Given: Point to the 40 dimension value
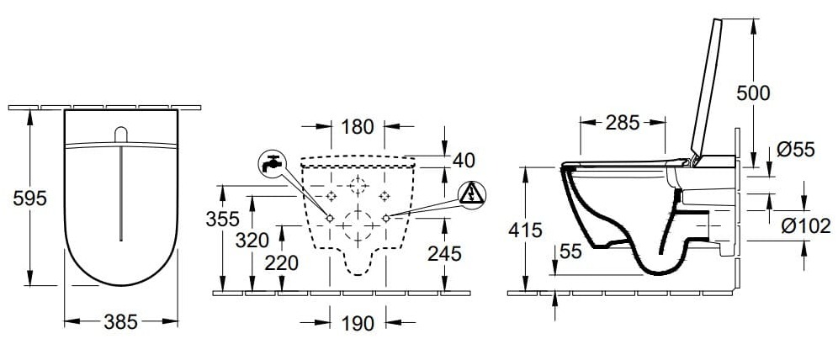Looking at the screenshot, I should pos(463,160).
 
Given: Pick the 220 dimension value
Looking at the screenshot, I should pos(280,262).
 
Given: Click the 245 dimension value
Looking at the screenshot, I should pos(442,251).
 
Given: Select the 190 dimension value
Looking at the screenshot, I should pos(358,321).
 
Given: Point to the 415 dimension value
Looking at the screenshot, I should pos(526,229).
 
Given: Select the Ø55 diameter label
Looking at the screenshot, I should pos(794,150).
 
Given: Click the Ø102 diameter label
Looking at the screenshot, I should pos(799,225).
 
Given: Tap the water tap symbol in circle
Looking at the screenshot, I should pos(271,163).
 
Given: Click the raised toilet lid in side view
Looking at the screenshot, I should pos(708,88).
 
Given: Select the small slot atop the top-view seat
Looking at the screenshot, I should pos(121,135).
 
